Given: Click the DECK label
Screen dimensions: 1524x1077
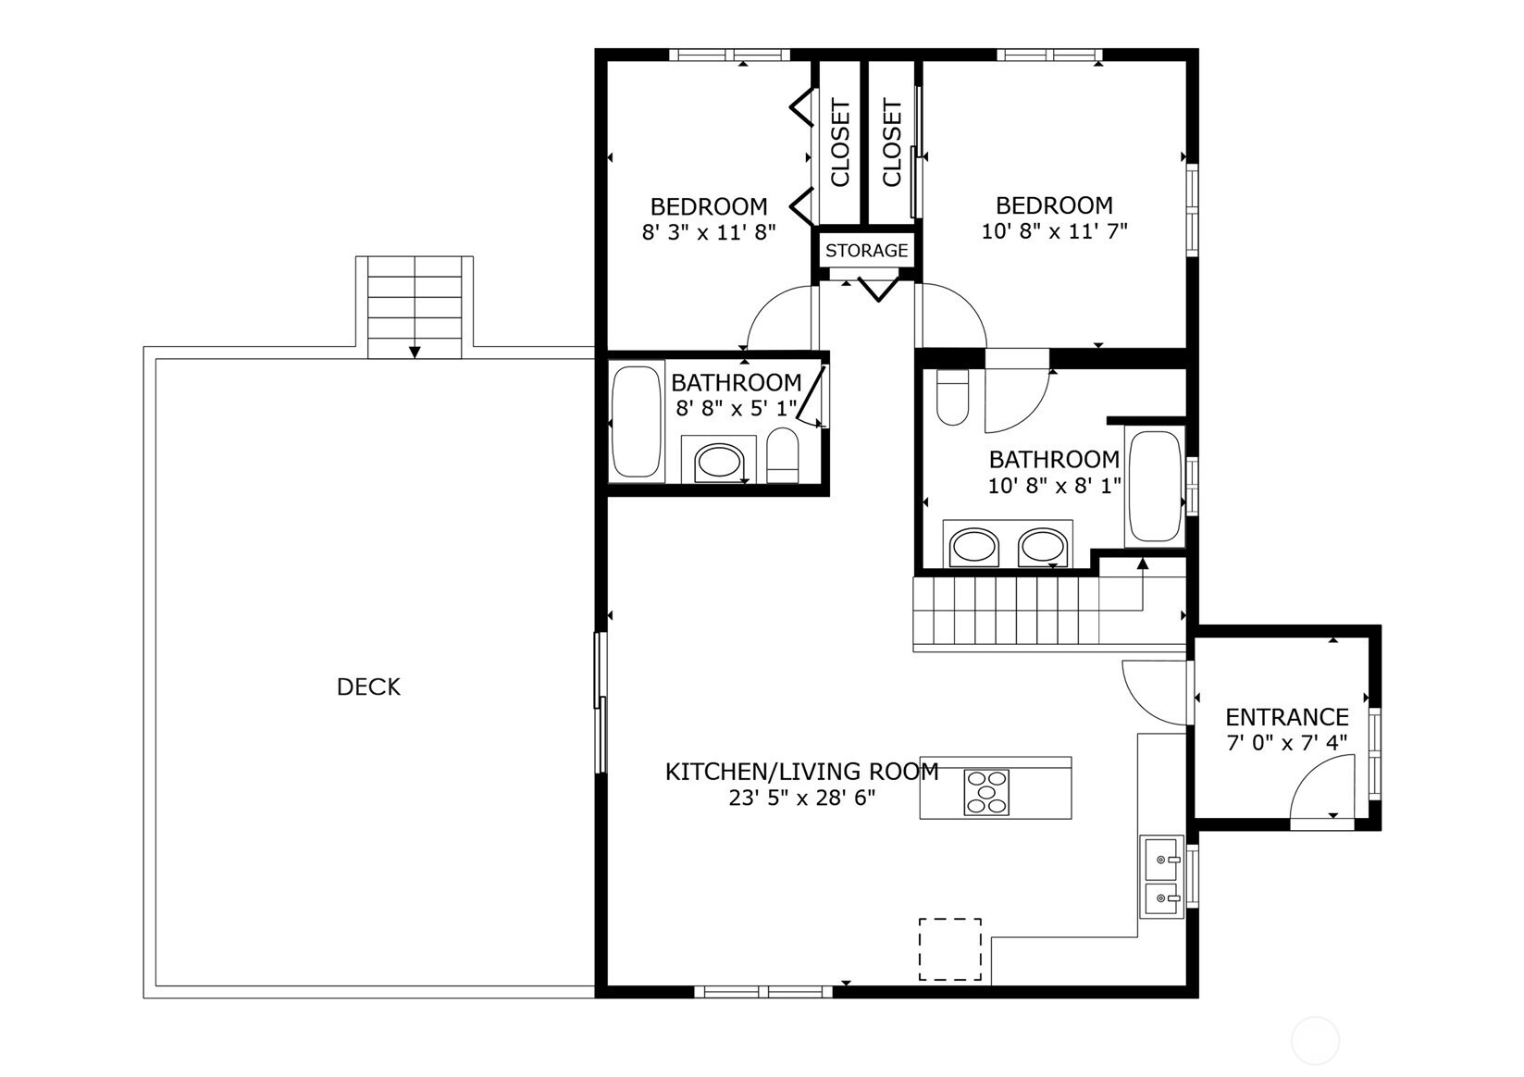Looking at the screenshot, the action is (369, 687).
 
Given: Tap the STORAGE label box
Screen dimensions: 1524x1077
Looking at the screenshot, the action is (866, 251).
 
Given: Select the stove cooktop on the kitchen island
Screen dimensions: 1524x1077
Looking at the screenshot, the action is (985, 792).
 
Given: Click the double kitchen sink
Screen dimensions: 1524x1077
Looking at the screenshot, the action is (1162, 877).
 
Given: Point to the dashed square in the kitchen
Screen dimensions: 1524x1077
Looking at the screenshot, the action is (949, 949).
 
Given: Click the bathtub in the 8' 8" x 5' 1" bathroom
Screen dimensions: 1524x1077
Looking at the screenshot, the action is (636, 422).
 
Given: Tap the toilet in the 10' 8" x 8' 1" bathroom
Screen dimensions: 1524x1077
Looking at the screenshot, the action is (952, 397).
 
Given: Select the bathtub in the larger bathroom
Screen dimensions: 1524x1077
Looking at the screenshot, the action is (1155, 486).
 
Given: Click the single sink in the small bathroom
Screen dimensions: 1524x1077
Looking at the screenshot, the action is (719, 462).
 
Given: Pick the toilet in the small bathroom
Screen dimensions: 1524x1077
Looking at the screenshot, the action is (783, 455).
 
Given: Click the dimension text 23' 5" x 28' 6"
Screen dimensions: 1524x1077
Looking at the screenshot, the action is (802, 798).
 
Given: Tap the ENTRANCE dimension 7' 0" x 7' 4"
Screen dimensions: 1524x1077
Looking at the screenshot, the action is (1287, 742).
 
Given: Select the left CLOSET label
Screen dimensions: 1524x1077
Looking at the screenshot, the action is (840, 142).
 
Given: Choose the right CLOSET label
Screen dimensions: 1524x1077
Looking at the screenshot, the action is (891, 142).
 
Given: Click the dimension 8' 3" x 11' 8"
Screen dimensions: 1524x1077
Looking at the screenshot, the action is (709, 232).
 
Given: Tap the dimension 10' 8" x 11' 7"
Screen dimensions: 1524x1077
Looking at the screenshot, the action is (1055, 231).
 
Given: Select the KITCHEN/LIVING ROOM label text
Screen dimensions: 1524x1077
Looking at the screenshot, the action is (802, 772).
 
